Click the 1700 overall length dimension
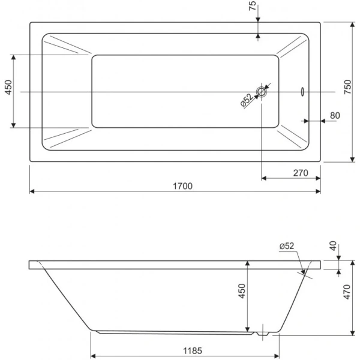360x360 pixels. [x=182, y=186]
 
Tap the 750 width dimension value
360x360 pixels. [x=347, y=87]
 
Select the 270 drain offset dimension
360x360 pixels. [x=301, y=173]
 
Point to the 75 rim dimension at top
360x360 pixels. [x=252, y=6]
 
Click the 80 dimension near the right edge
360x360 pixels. [x=335, y=115]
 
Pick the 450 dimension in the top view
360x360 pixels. [x=8, y=87]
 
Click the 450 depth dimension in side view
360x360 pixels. [x=242, y=291]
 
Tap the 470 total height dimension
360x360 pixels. [x=347, y=292]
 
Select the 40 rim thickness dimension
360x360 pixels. [x=333, y=246]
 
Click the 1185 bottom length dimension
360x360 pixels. [x=193, y=350]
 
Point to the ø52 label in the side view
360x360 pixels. [x=287, y=246]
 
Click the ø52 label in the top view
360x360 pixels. [x=247, y=100]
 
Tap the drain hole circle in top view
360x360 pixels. [x=261, y=92]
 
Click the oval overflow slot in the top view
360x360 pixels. [x=302, y=92]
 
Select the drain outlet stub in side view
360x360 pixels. [x=263, y=334]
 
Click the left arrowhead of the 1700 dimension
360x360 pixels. [x=32, y=191]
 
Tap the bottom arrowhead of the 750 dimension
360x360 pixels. [x=352, y=160]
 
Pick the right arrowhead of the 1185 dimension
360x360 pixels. [x=277, y=356]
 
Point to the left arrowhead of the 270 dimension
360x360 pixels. [x=264, y=178]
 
